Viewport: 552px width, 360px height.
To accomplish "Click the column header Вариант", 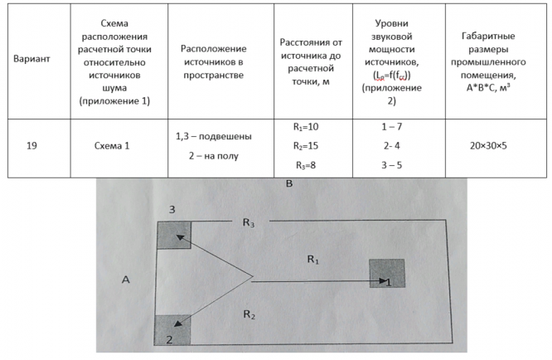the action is tap(33, 60).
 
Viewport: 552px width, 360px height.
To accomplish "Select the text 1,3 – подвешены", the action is tap(214, 135).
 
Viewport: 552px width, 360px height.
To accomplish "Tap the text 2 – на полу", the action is tap(214, 154).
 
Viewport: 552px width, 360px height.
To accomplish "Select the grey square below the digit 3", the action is tap(173, 236).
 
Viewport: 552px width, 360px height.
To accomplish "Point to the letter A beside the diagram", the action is tap(126, 280).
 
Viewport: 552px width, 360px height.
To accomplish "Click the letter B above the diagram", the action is tap(289, 184).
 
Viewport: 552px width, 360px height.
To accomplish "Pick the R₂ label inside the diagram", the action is tap(249, 314).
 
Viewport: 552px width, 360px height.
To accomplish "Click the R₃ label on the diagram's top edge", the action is tap(249, 222).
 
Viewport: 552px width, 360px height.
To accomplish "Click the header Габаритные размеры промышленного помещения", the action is tap(493, 60).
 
